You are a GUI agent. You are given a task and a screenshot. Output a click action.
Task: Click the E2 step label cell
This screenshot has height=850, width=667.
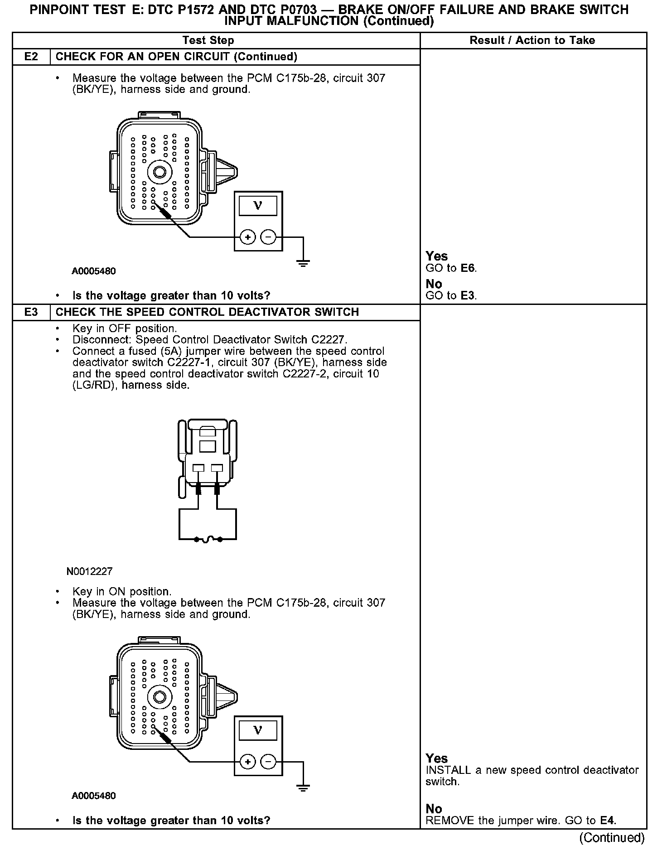(31, 57)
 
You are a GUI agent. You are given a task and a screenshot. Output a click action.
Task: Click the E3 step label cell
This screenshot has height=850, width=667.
(31, 312)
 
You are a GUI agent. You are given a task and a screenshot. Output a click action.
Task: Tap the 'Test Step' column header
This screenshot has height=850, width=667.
(208, 40)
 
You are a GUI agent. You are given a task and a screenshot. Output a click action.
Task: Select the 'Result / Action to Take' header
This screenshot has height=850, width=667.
(532, 40)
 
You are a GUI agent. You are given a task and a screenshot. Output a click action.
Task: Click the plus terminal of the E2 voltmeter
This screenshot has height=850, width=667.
(247, 237)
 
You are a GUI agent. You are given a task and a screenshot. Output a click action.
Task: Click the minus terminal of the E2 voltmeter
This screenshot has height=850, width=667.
(269, 237)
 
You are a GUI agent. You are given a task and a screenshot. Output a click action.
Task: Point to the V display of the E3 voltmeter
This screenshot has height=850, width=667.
(258, 730)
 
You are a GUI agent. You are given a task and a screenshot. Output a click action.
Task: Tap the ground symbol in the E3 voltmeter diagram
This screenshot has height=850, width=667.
(303, 787)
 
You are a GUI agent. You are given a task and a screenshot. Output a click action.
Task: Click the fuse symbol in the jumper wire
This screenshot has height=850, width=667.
(208, 539)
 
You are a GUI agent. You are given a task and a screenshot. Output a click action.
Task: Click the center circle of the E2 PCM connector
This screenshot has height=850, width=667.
(159, 172)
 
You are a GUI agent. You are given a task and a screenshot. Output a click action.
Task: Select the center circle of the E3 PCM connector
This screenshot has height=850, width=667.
(159, 697)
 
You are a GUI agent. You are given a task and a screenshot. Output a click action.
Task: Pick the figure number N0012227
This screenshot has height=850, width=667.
(89, 571)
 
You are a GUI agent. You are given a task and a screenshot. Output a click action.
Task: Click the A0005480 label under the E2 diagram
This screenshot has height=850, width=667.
(93, 271)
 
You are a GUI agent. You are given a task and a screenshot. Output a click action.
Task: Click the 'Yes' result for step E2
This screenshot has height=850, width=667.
(436, 256)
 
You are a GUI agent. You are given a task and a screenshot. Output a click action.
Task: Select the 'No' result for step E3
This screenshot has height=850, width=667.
(434, 809)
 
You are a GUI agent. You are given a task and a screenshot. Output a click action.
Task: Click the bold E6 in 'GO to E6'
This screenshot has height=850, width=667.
(468, 268)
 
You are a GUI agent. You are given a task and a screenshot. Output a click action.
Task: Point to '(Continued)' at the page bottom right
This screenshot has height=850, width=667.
(612, 838)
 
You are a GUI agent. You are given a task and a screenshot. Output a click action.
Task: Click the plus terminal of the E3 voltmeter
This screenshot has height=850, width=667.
(247, 762)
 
